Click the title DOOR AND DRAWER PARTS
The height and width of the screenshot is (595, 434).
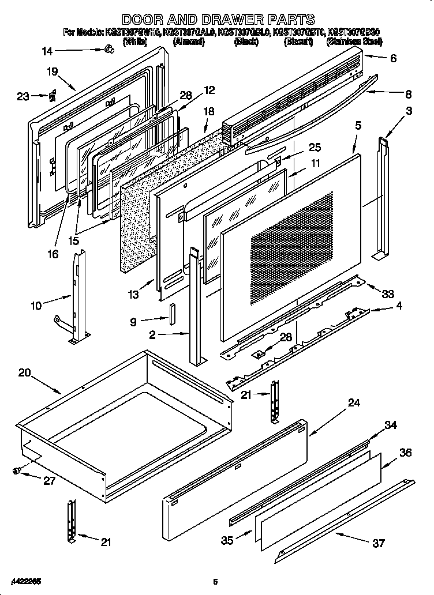tap(218, 20)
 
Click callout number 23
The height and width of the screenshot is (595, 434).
tap(23, 96)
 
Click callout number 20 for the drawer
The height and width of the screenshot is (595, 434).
tap(24, 372)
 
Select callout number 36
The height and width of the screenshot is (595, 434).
tap(406, 453)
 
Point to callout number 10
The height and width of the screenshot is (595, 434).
tap(36, 306)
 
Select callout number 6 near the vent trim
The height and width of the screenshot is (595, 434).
tap(393, 58)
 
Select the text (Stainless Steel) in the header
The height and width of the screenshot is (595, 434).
tap(354, 42)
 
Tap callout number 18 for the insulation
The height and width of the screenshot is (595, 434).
tap(208, 111)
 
